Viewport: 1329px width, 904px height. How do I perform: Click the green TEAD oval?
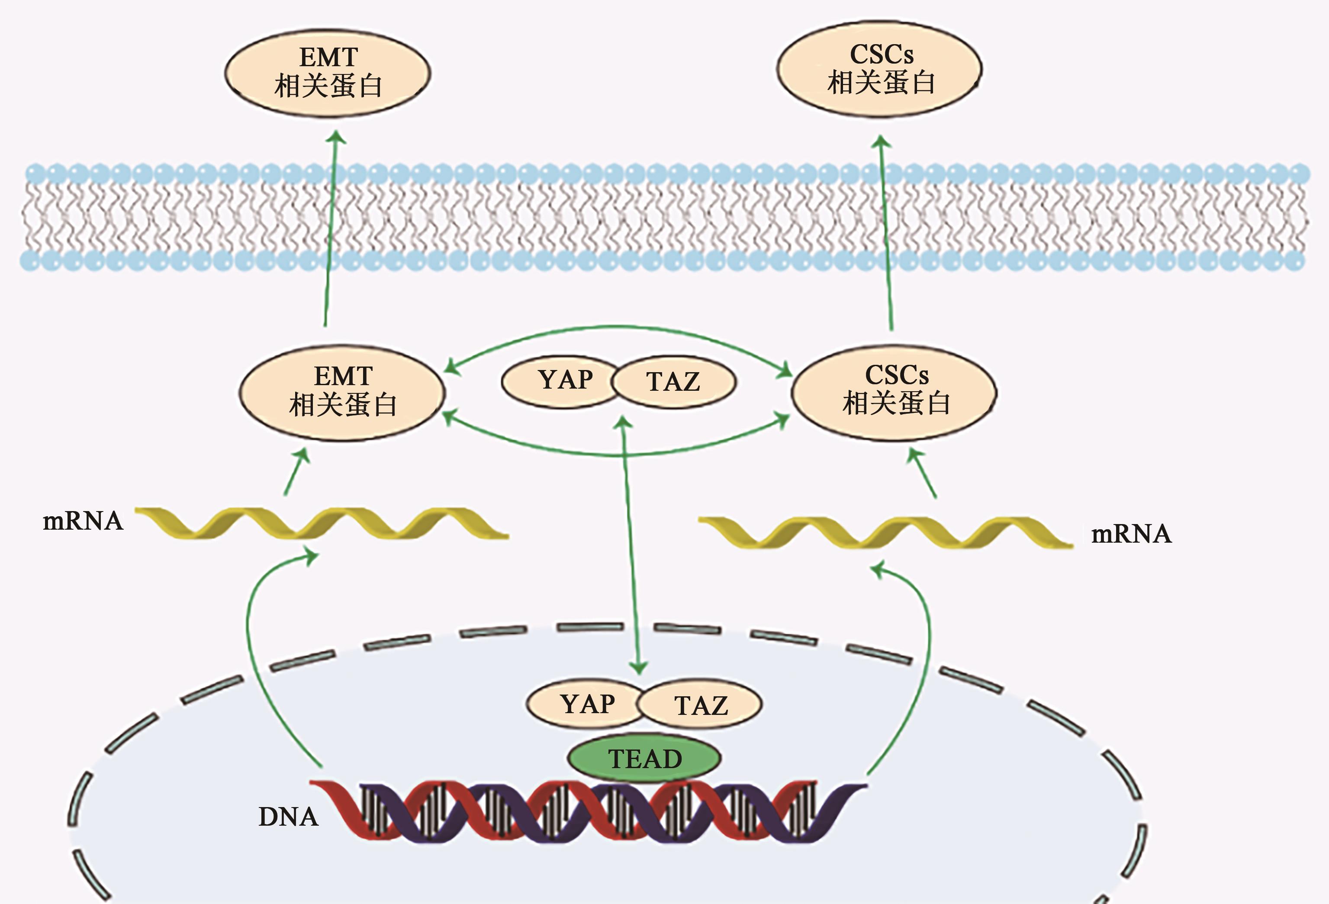(644, 758)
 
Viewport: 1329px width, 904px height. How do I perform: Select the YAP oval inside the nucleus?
(583, 705)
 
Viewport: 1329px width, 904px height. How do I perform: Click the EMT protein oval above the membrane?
(328, 73)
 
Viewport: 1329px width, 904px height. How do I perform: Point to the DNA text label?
(288, 817)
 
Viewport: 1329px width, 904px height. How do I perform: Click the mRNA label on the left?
(83, 521)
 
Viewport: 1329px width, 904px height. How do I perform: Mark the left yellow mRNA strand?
(320, 523)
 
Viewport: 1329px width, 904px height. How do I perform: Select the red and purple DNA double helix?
(589, 812)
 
